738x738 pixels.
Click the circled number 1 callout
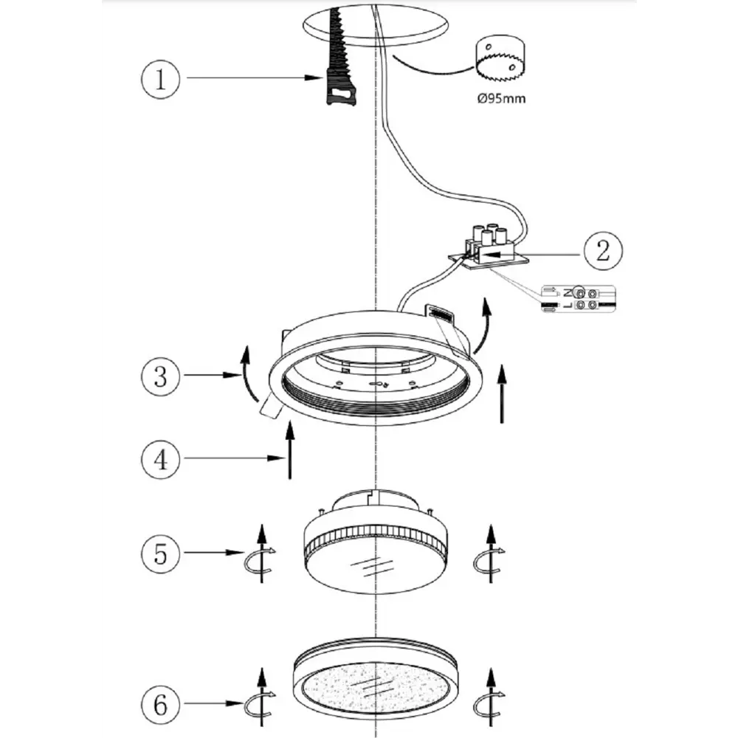click(161, 77)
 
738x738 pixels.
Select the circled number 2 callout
click(603, 252)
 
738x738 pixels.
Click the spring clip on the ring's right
click(443, 315)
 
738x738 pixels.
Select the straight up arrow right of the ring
click(502, 393)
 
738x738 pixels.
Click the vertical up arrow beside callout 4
click(289, 450)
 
